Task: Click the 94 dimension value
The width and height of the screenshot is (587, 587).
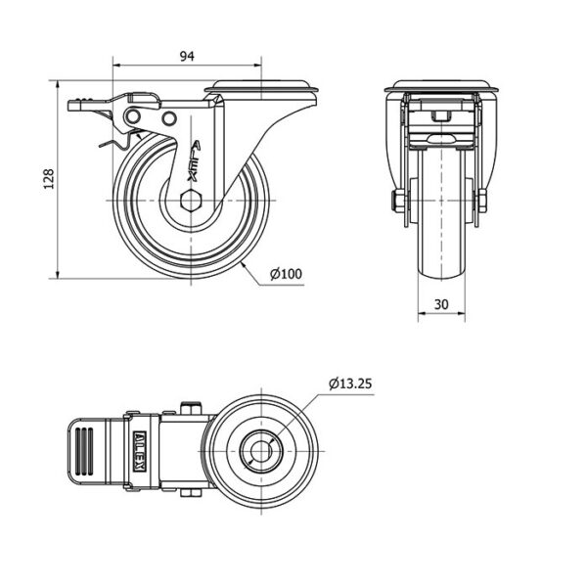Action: pos(187,56)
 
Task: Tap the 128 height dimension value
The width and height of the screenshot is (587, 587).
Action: pos(49,179)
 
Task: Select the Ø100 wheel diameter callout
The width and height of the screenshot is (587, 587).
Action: pos(286,274)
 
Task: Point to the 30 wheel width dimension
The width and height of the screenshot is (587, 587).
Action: pos(441,304)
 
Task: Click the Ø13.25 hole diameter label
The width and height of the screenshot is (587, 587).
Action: pos(350,384)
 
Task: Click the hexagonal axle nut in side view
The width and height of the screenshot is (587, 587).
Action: pos(191,201)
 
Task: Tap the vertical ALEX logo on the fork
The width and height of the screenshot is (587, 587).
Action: pos(195,161)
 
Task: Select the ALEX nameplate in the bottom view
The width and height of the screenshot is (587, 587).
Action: pos(140,451)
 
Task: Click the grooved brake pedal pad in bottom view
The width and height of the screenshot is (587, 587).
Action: pos(84,451)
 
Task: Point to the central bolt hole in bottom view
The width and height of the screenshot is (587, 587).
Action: pos(260,451)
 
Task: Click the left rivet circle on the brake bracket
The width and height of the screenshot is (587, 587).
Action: pos(133,116)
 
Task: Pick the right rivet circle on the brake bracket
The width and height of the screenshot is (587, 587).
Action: pos(169,118)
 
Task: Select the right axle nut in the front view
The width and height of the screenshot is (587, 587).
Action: pos(482,201)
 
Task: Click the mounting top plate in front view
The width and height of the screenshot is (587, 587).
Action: pos(442,86)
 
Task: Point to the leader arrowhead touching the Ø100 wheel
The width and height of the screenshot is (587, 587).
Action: pos(244,265)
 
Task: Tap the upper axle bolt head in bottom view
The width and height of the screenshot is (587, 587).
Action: pos(192,407)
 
